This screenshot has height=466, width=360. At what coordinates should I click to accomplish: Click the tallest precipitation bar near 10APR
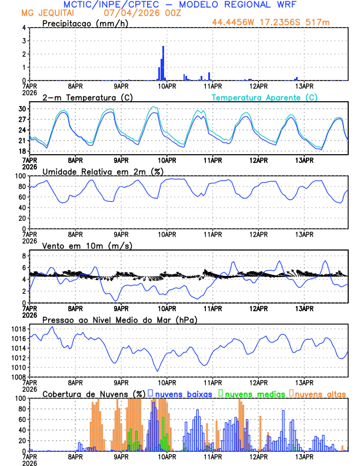[163, 62]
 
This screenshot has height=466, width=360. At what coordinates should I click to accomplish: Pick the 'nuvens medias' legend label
[254, 392]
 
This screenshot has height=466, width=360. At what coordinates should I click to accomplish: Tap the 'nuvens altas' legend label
[321, 392]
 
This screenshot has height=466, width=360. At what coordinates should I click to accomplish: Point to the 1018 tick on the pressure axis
[19, 329]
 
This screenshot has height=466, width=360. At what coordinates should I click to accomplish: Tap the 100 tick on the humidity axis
[19, 176]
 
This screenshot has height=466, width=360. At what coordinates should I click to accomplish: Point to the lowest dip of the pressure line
[158, 371]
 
